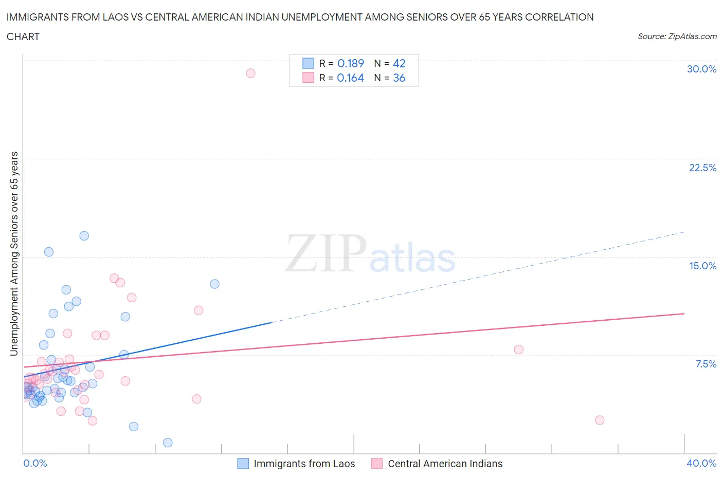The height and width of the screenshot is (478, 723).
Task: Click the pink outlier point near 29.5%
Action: coord(250,73)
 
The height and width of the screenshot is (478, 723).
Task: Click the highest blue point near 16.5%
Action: coord(84,236)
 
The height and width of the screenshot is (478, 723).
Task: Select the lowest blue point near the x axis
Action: coord(168,443)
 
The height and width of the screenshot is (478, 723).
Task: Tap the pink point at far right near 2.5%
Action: coord(600,420)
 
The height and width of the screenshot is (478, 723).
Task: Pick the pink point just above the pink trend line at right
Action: coord(518,350)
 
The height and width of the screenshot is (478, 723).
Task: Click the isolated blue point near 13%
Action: coord(215,284)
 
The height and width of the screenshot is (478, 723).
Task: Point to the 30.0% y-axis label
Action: coord(701,69)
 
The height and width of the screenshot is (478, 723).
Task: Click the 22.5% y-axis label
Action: coord(702,168)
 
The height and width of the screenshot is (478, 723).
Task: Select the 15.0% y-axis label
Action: coord(702,266)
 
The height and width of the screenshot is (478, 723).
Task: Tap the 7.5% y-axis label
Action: coord(706,364)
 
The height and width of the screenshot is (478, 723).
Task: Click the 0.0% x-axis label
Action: coord(35,463)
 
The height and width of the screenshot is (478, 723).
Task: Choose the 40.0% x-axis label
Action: coord(701,463)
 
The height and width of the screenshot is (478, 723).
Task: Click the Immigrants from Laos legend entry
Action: coord(304,464)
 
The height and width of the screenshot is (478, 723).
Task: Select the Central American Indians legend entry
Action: coord(445,464)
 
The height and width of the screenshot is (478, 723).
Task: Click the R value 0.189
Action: coord(351,63)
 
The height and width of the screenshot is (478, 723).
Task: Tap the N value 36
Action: coord(399,78)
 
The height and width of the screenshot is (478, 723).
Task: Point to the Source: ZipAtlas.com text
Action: coord(677,36)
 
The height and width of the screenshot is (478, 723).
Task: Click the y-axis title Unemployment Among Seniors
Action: coord(14,253)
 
